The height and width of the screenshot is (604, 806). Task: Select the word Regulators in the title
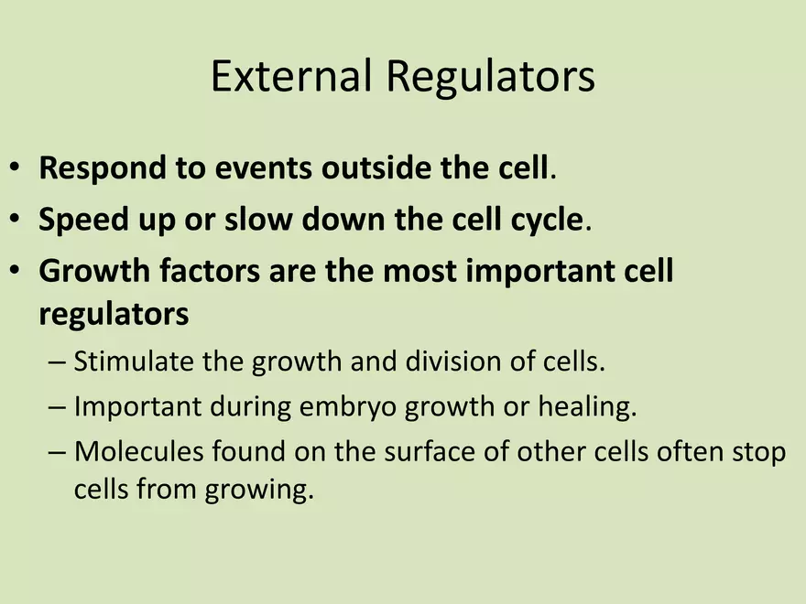tap(490, 77)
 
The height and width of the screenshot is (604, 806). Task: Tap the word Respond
tap(103, 169)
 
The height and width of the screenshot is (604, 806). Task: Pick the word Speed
tap(83, 221)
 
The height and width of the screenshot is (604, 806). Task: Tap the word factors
tap(210, 271)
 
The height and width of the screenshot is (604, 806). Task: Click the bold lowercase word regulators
tap(114, 314)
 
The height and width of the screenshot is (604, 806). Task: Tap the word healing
tap(587, 407)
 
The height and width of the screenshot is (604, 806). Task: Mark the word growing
tap(259, 490)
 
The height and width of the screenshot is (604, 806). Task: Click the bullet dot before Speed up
tap(15, 219)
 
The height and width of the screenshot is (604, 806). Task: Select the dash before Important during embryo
tap(57, 407)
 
